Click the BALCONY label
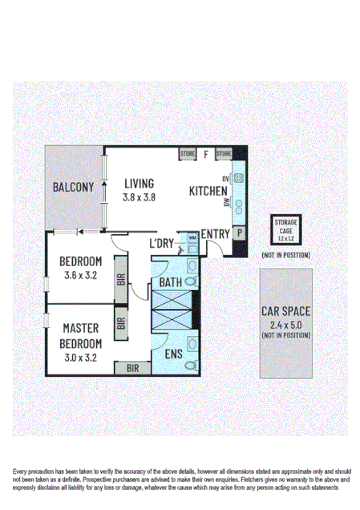tap(74, 188)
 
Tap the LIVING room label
tap(139, 184)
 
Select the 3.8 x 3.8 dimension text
tap(139, 197)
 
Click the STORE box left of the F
tap(188, 153)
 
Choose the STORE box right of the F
tap(224, 153)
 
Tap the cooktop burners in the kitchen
tap(238, 178)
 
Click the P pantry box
tap(239, 233)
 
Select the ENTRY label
tap(216, 234)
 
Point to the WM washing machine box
tap(192, 237)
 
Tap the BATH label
tap(170, 282)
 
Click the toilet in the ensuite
tap(189, 366)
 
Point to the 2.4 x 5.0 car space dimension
tap(285, 324)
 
